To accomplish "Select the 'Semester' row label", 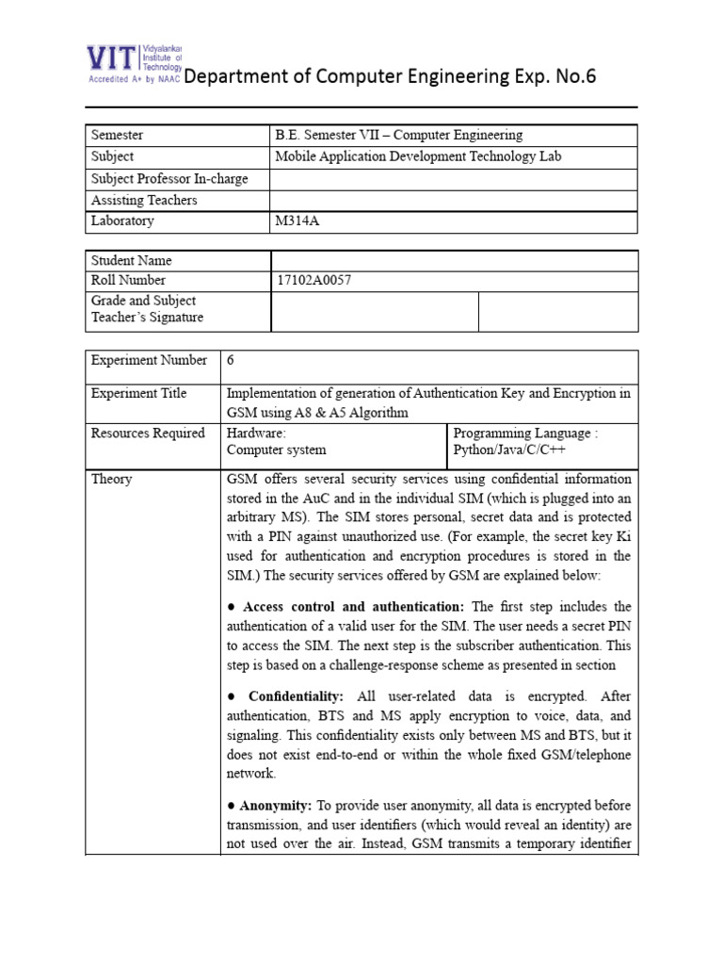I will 117,135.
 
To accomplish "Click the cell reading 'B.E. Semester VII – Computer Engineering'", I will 398,135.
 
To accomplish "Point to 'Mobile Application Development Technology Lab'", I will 417,156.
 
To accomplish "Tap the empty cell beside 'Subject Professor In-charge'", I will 454,178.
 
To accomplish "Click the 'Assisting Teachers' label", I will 144,200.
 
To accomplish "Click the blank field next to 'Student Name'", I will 454,260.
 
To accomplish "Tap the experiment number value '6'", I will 231,360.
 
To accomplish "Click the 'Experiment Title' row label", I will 138,393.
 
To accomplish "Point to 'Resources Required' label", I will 147,433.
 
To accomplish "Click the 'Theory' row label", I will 112,479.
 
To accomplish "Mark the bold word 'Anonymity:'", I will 277,806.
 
